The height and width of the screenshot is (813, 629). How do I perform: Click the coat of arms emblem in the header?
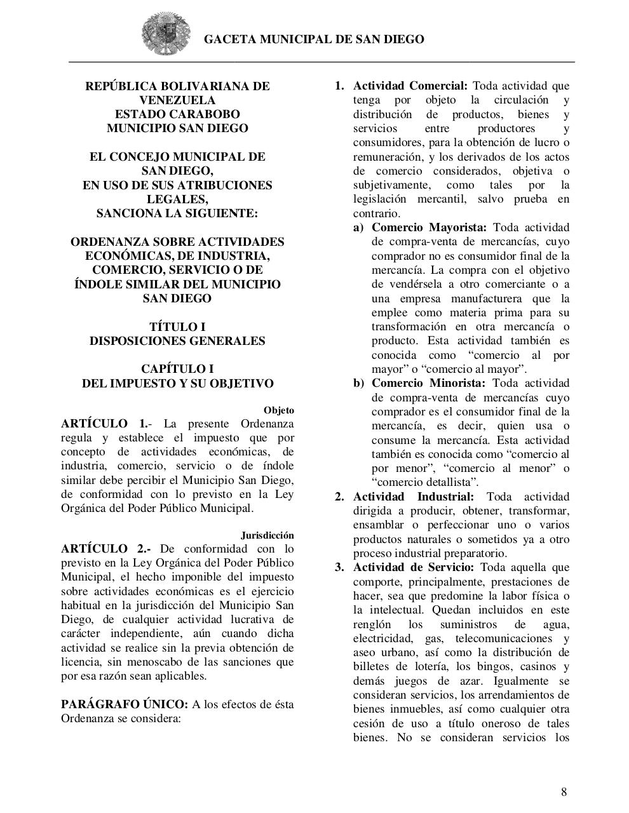click(166, 35)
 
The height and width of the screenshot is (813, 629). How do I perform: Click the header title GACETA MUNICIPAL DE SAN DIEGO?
click(314, 39)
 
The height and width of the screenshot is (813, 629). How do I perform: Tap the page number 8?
click(564, 791)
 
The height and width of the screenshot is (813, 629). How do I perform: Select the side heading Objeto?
click(278, 410)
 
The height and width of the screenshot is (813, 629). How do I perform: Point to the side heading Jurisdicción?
click(267, 535)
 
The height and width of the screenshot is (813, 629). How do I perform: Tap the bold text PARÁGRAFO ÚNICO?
click(125, 704)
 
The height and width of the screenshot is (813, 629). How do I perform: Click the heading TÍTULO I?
click(177, 326)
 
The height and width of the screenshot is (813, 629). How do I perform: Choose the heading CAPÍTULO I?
click(177, 369)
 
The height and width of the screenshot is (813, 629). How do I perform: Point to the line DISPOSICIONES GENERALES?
click(177, 340)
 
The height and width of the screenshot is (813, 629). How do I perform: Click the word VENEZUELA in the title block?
click(177, 100)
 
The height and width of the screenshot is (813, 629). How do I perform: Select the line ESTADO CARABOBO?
click(177, 114)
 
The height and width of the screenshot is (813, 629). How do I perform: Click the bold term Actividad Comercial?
click(410, 86)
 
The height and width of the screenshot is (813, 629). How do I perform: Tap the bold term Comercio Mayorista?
click(429, 227)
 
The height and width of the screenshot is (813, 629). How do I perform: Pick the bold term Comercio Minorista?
click(428, 383)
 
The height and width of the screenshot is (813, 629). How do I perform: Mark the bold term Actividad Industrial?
click(414, 497)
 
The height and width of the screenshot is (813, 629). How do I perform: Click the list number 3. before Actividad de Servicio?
click(339, 567)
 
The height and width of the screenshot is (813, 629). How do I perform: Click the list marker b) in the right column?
click(359, 383)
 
